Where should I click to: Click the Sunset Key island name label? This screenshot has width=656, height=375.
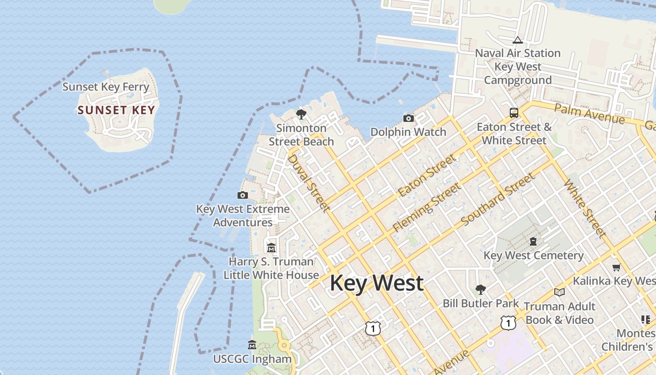coord(116,111)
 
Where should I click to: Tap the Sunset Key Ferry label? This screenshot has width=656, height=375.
coord(106,87)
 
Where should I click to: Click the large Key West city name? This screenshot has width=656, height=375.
coord(377,283)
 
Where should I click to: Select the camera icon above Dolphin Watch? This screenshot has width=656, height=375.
coord(409,118)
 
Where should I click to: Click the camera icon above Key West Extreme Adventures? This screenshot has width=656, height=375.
coord(243,195)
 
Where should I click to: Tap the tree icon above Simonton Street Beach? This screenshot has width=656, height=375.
coord(301,114)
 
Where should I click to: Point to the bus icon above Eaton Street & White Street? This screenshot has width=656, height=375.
coord(514,113)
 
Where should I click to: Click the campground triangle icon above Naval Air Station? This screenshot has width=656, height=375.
coord(517,40)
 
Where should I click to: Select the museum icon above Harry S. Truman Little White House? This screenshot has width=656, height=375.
coord(271,247)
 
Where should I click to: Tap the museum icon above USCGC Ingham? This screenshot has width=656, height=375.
coord(252,345)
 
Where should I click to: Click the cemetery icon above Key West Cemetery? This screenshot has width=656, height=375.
coord(533,242)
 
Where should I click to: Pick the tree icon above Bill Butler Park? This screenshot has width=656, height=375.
coord(480,289)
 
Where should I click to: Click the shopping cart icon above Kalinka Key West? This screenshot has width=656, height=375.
coord(617,267)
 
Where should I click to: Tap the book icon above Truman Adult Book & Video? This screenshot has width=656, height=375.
coord(559,292)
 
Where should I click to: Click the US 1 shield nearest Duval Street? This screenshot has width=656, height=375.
coord(373,328)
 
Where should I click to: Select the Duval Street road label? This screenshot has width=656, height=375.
coord(308,182)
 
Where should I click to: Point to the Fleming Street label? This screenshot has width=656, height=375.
coord(426,207)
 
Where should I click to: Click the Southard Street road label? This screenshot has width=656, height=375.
coord(498,199)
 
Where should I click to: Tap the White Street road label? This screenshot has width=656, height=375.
coord(585,208)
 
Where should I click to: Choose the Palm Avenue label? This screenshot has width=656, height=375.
coord(589,114)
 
